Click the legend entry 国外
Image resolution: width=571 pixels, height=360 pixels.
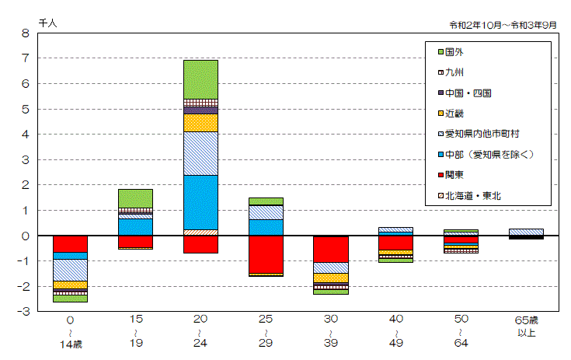[455, 52]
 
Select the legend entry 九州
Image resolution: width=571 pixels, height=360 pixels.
[455, 72]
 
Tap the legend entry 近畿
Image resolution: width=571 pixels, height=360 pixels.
[455, 114]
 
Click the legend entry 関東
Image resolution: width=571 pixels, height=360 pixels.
[455, 175]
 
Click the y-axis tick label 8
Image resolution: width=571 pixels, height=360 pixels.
[25, 33]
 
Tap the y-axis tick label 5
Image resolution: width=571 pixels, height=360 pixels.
[25, 110]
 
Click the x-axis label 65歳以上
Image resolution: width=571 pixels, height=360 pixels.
[526, 326]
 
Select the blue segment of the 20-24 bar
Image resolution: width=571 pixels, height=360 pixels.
[200, 202]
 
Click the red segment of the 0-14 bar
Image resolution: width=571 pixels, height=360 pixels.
[70, 243]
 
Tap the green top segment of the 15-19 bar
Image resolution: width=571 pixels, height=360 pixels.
[135, 198]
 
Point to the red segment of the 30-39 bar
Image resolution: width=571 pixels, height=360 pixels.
[331, 250]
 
